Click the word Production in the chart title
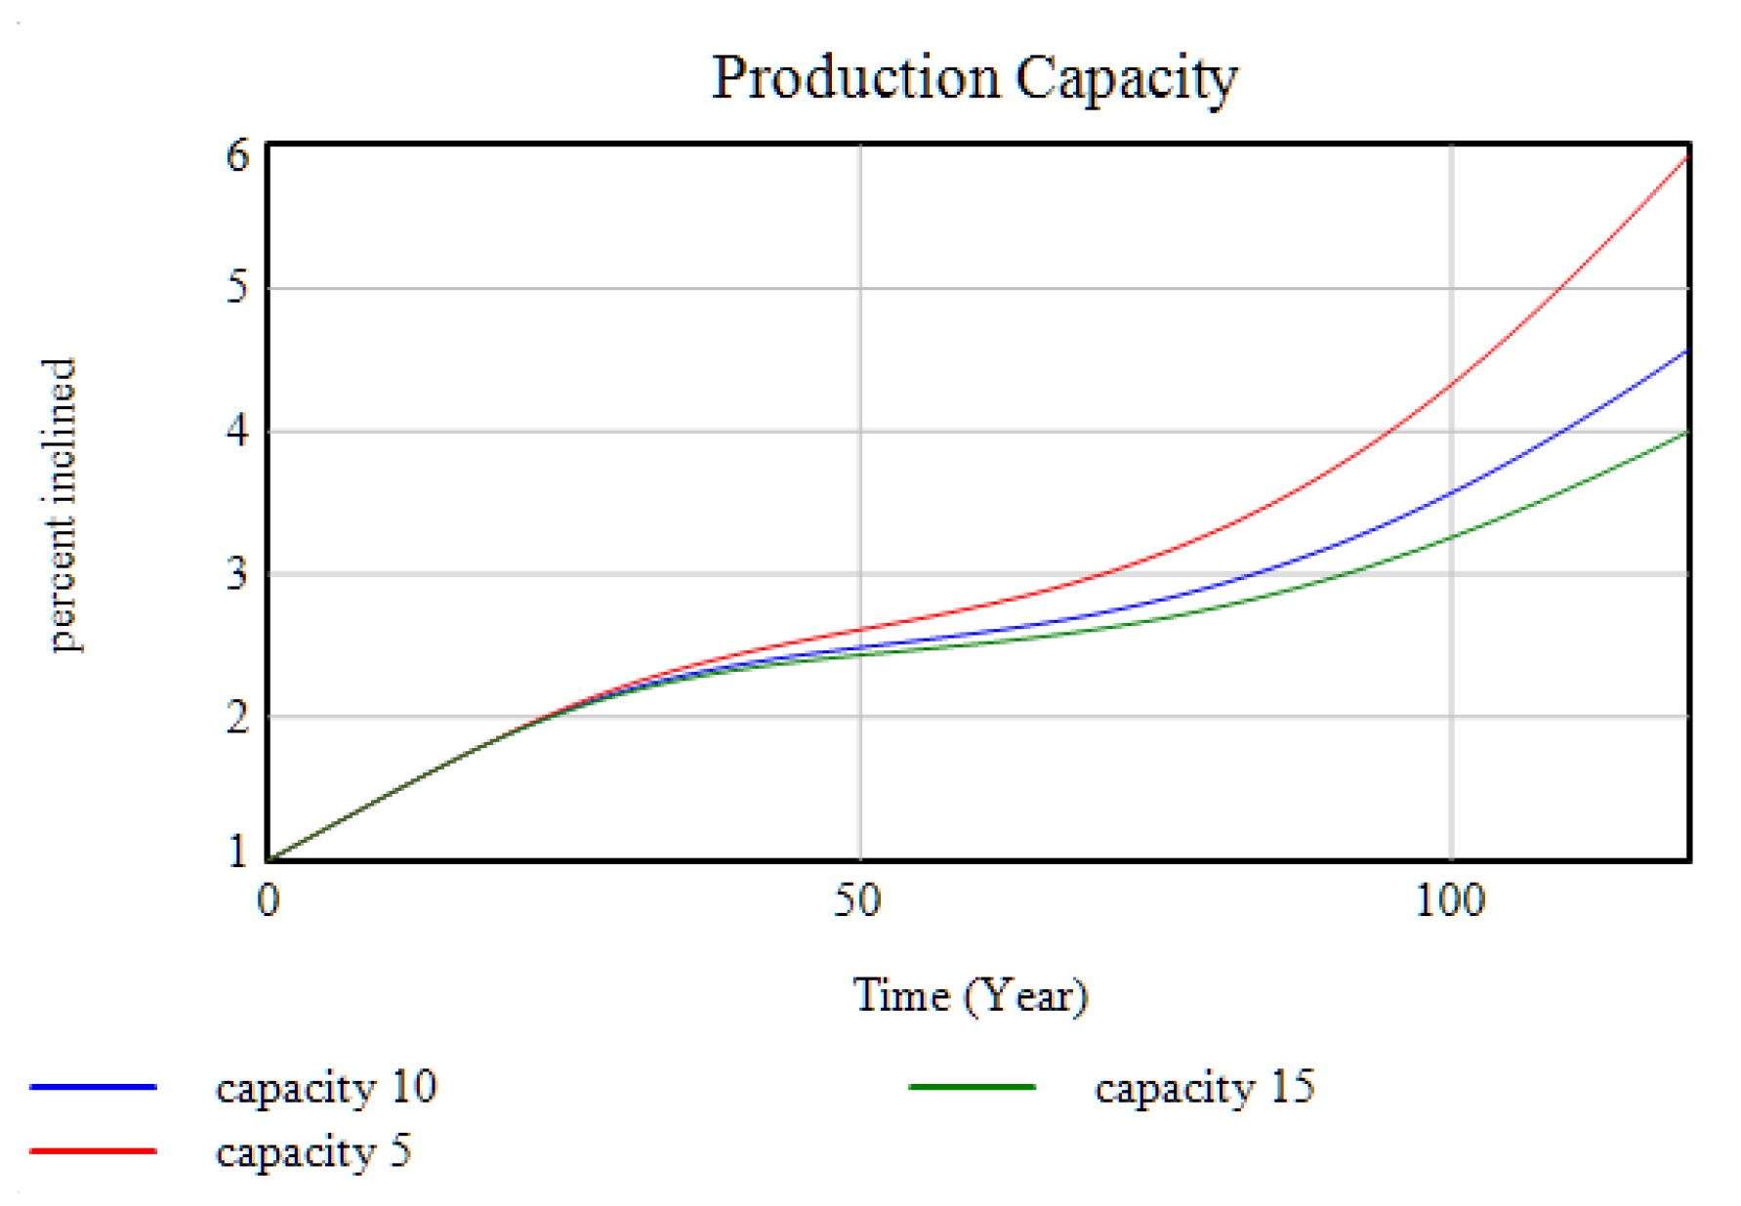855,78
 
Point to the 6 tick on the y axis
237,155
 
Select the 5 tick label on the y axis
237,287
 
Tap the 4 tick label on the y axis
237,431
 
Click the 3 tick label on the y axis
237,573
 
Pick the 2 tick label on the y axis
237,718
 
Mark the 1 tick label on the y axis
237,852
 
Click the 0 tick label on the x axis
269,899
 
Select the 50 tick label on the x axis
857,899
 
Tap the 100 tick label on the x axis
1450,899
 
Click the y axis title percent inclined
61,504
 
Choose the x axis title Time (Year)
971,996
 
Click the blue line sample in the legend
94,1087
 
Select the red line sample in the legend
94,1151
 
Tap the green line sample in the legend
973,1087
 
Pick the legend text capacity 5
312,1152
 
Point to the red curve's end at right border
1686,156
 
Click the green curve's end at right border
1686,432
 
